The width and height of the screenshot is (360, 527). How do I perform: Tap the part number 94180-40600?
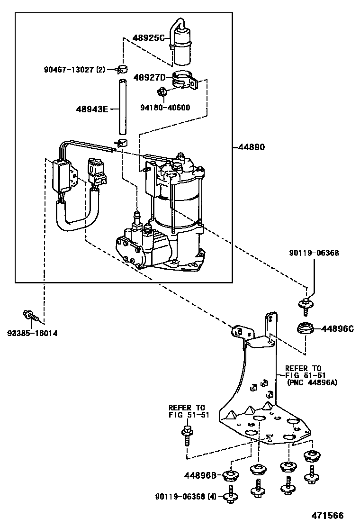[x=165, y=108]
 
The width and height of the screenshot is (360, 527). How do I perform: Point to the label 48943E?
[x=91, y=109]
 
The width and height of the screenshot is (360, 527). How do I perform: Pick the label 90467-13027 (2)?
[x=73, y=70]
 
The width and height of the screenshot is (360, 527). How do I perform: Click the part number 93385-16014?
[x=32, y=333]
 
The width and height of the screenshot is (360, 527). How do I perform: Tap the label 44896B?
[x=200, y=475]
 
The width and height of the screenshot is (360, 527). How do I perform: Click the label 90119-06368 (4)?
[x=185, y=497]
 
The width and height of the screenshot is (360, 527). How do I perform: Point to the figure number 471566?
[x=327, y=516]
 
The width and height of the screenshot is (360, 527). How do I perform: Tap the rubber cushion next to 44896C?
[x=306, y=329]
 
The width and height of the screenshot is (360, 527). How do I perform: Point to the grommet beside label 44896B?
[x=231, y=474]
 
